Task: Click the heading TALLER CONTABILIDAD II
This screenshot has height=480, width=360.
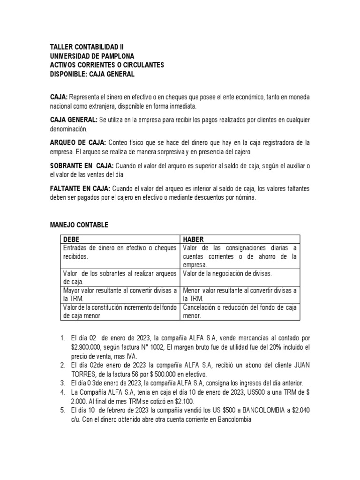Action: click(x=87, y=47)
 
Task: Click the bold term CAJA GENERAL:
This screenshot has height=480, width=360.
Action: click(x=74, y=120)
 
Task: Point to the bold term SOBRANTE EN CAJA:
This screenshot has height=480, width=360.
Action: click(x=82, y=165)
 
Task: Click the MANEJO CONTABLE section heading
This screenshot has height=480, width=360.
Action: click(x=79, y=225)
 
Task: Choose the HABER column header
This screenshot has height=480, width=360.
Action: click(x=194, y=239)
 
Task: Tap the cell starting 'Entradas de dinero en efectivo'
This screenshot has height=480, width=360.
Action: click(x=120, y=252)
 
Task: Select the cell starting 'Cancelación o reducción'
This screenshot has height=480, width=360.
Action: click(x=240, y=312)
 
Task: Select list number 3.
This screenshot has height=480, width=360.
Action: click(x=63, y=383)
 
